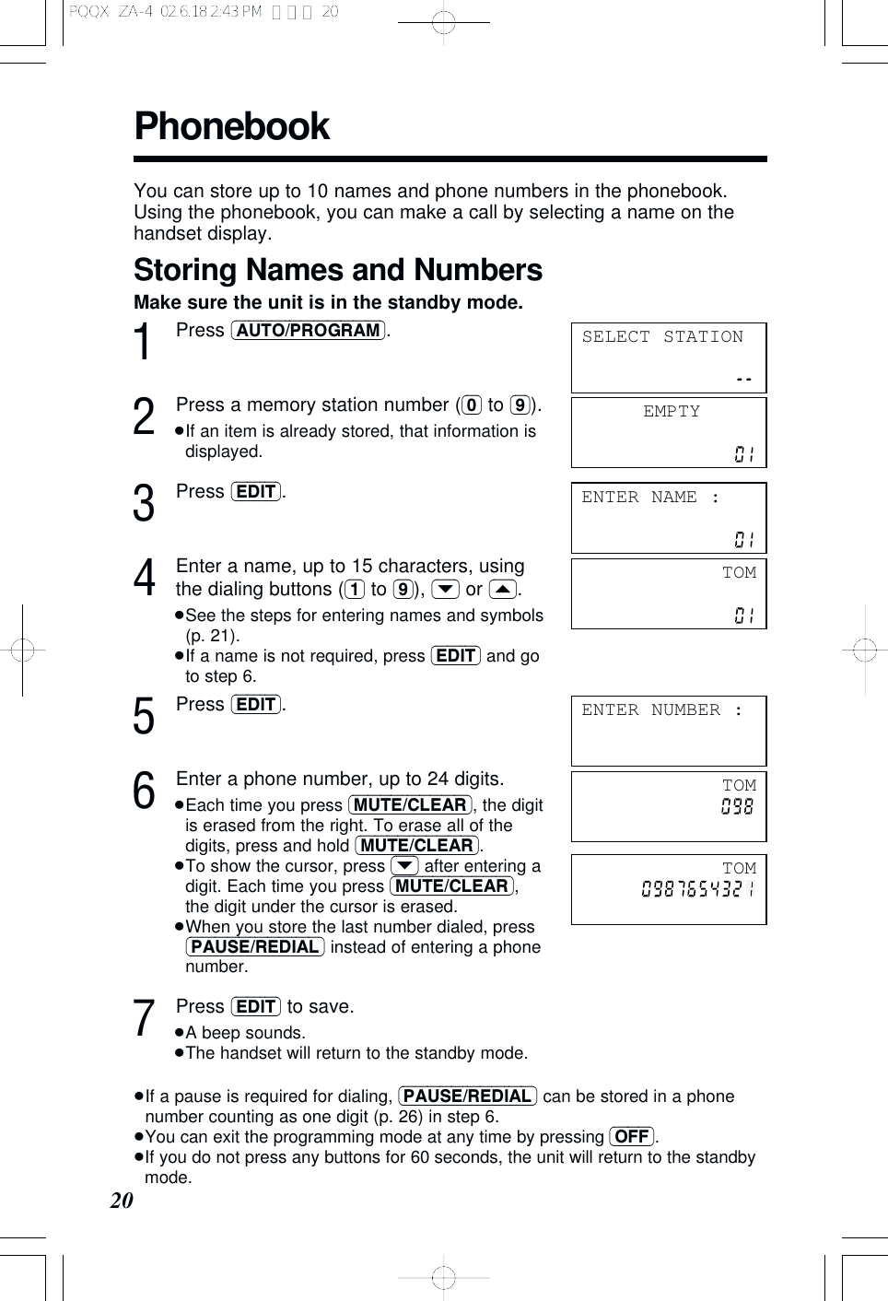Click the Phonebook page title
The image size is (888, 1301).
click(231, 126)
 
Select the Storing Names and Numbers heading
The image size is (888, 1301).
click(337, 270)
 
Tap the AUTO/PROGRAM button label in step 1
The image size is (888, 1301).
click(308, 331)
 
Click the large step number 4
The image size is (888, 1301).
click(144, 579)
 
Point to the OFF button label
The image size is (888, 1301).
click(632, 1136)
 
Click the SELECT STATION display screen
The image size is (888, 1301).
click(668, 357)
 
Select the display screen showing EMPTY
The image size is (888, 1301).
click(668, 432)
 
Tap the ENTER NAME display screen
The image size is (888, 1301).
click(668, 518)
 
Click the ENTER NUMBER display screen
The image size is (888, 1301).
click(668, 731)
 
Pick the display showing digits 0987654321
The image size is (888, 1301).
click(668, 889)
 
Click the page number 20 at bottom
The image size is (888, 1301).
click(122, 1200)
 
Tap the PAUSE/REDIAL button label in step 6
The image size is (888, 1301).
click(255, 947)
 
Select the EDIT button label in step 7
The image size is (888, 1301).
click(256, 1007)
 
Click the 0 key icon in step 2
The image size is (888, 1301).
click(472, 405)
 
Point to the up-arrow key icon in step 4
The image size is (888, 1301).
click(502, 590)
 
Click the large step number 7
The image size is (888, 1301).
click(144, 1019)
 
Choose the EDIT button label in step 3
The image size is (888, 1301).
click(256, 492)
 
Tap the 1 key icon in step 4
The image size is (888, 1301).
click(355, 590)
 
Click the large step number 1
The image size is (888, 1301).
click(143, 343)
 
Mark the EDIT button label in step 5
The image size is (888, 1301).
click(256, 705)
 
